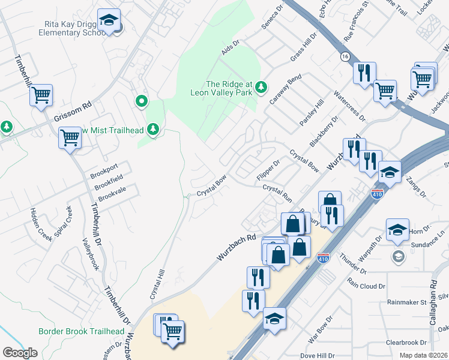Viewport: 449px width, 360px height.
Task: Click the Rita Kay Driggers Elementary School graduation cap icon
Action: (x=109, y=20)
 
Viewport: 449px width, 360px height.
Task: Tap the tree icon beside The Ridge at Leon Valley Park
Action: (x=261, y=88)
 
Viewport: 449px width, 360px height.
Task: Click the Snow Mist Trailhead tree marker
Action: (x=154, y=129)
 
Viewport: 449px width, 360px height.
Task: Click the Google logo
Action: (x=20, y=353)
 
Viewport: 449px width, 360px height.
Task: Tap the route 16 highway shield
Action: (x=344, y=56)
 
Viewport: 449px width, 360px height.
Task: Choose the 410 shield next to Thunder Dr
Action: (x=322, y=257)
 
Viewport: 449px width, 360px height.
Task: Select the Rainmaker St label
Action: (x=406, y=302)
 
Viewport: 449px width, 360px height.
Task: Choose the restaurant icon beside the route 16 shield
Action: (x=364, y=73)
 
